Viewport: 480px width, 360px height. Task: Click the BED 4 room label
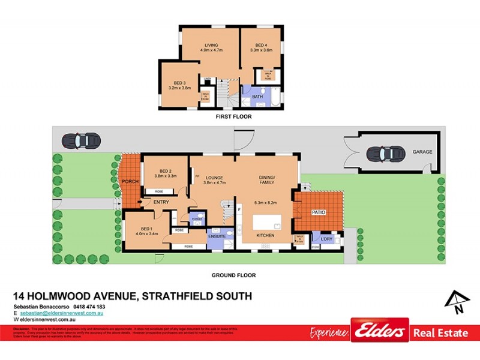click(x=260, y=45)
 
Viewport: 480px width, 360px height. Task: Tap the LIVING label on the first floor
click(x=211, y=45)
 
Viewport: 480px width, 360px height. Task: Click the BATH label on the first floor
click(x=257, y=96)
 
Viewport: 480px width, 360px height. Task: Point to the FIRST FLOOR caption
click(x=234, y=116)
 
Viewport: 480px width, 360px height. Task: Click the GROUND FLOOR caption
click(x=234, y=275)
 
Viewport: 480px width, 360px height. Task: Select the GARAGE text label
click(x=422, y=152)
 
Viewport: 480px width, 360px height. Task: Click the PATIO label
click(x=318, y=212)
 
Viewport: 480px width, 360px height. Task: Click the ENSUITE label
click(x=216, y=236)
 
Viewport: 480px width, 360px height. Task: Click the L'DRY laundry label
click(x=326, y=239)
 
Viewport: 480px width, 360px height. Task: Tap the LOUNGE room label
click(x=214, y=178)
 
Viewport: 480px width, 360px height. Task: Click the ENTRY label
click(x=161, y=202)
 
